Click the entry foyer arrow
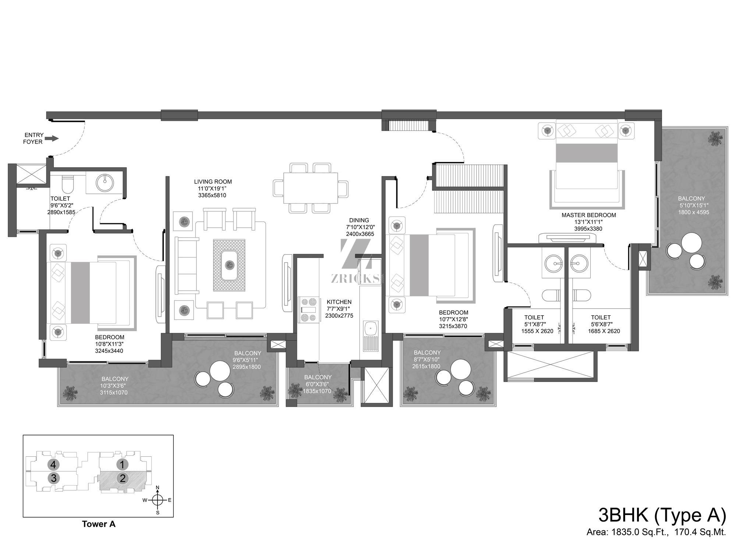[52, 139]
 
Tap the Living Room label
[213, 182]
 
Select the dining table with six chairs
[311, 188]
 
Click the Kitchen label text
[339, 302]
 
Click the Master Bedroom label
[588, 215]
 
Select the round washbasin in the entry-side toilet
[105, 181]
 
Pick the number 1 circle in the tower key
[122, 464]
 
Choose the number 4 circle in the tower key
[54, 464]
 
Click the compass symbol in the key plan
[158, 500]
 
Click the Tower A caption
[99, 524]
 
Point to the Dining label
[359, 220]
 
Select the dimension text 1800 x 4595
[693, 212]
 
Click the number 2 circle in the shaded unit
[122, 478]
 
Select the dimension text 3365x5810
[212, 195]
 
